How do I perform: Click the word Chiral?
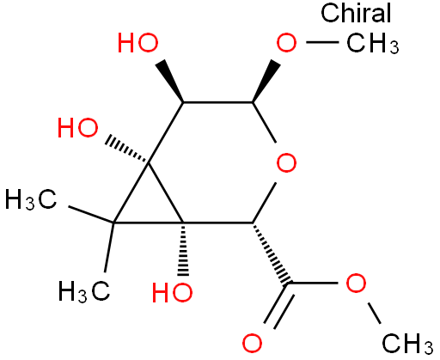tap(356, 13)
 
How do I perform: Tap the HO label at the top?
tap(138, 43)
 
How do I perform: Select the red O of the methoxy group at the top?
tap(286, 43)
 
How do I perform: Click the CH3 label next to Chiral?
tap(372, 44)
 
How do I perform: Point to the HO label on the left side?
tap(77, 128)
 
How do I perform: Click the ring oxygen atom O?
tap(286, 162)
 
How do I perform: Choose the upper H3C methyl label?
tap(31, 199)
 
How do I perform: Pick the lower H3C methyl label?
tap(84, 292)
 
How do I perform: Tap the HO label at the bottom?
tap(172, 293)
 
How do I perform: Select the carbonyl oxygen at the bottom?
tap(252, 343)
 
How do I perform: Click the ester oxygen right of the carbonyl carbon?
tap(356, 283)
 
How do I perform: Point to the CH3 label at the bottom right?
tap(407, 344)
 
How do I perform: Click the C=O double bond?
tap(278, 305)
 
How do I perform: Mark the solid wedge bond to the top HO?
tap(171, 81)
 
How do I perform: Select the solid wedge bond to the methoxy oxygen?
tap(266, 81)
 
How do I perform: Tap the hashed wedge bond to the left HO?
tap(127, 150)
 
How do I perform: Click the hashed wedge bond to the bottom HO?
tap(183, 249)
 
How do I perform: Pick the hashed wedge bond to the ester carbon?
tap(272, 253)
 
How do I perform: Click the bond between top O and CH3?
tap(322, 42)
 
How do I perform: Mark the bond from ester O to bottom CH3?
tap(374, 313)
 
